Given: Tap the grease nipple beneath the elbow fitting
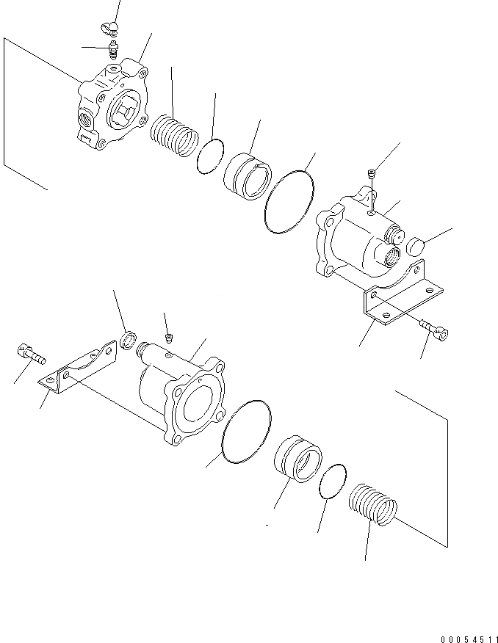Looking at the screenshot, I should tap(113, 49).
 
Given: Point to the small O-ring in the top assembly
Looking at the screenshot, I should tap(210, 157).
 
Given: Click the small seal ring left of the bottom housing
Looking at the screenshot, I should tap(127, 341).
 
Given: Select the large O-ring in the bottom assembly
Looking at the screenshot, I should tap(244, 432).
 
